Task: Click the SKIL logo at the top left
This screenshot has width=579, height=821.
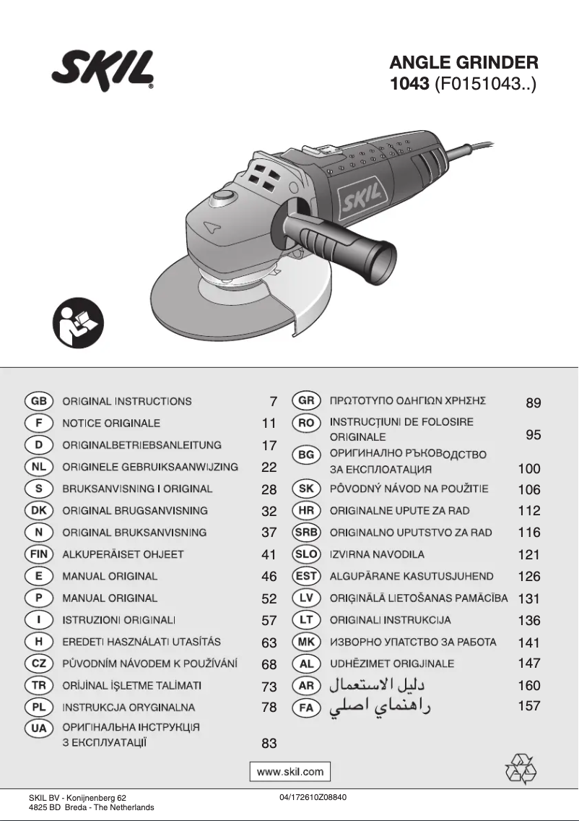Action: point(103,71)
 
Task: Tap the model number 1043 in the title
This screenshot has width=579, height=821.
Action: point(409,83)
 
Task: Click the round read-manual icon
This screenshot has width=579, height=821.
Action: point(79,322)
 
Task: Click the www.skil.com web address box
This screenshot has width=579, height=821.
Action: point(290,771)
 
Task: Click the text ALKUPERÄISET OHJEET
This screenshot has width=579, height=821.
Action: point(123,554)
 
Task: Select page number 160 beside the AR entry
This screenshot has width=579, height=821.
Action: point(529,685)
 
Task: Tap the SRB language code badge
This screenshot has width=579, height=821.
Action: point(306,533)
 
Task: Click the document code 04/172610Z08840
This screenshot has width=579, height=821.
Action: point(312,797)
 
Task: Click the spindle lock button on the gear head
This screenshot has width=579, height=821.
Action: point(222,197)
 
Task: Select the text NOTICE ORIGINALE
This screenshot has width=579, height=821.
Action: point(111,423)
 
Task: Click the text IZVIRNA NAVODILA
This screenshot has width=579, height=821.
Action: point(377,554)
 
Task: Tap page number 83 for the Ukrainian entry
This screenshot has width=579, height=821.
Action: point(269,743)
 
